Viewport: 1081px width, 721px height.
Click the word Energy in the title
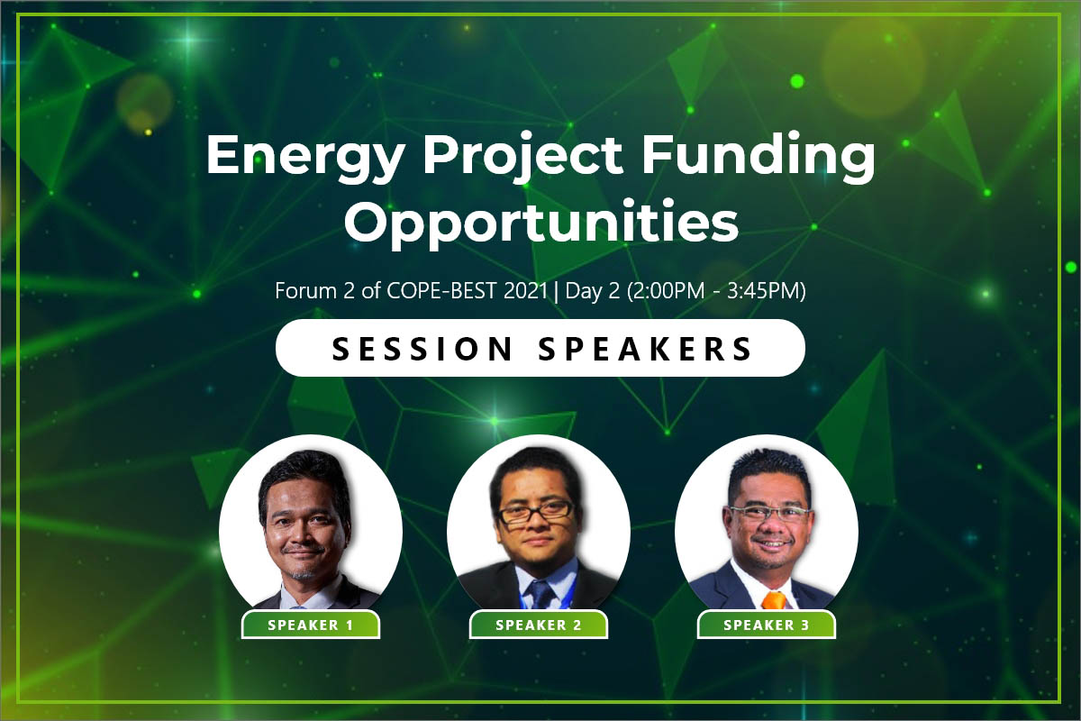coord(305,158)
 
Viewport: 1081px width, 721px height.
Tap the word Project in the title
coord(522,158)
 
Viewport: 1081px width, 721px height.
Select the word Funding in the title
coord(759,157)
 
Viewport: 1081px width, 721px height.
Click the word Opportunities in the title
coord(541,224)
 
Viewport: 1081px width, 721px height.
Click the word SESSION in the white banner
coord(422,349)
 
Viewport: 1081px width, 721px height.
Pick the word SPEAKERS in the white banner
coord(645,349)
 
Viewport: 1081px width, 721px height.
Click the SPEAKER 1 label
coord(311,625)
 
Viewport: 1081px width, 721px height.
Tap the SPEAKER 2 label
coord(539,625)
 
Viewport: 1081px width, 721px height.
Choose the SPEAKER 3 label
coord(767,625)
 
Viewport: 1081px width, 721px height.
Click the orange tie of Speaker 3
coord(774,600)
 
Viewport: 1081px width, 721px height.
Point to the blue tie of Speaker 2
coord(540,594)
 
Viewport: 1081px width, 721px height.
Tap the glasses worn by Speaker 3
coord(769,514)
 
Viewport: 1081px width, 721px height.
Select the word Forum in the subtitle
coord(306,291)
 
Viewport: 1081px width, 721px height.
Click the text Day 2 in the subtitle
coord(593,292)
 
